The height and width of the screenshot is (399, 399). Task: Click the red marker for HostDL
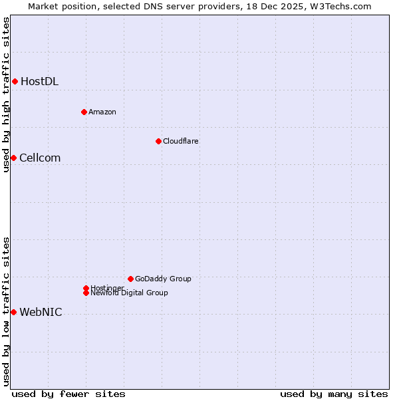click(15, 82)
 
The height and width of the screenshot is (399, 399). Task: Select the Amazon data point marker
click(84, 112)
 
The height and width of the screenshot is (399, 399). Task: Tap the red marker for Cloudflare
click(158, 141)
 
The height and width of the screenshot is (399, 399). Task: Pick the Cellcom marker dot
click(13, 158)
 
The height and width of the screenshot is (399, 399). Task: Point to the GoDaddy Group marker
click(130, 279)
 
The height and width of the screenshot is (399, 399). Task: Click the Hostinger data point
click(86, 288)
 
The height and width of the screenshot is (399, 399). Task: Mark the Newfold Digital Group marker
click(86, 293)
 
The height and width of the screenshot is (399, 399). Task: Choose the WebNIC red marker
click(13, 312)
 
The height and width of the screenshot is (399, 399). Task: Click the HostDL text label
click(39, 82)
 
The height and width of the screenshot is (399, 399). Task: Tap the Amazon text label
click(102, 112)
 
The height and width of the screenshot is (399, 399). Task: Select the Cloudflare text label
click(181, 141)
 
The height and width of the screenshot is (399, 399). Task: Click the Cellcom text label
click(40, 158)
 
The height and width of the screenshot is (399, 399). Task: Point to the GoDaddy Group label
click(163, 279)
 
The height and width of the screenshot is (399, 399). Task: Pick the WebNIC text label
click(41, 312)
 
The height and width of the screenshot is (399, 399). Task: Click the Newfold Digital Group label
click(130, 293)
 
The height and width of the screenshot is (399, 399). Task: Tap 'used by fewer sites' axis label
click(68, 394)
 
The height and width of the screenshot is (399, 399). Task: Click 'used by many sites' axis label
click(334, 394)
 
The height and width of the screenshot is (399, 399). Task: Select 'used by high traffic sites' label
click(6, 94)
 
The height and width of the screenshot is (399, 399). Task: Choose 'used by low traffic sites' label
click(6, 311)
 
